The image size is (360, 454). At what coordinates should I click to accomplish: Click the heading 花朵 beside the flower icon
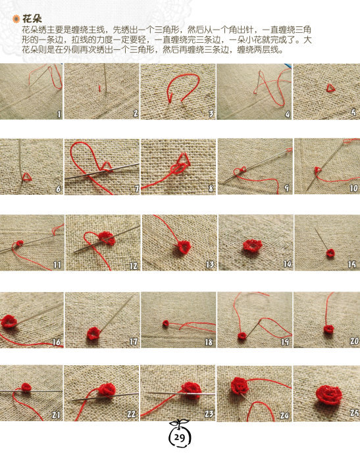click(32, 19)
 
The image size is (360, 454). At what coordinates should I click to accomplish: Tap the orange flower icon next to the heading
click(16, 19)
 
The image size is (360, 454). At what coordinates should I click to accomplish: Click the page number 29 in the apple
click(179, 437)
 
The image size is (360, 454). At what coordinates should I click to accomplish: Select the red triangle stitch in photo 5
click(330, 88)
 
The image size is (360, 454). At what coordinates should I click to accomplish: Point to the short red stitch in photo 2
click(99, 88)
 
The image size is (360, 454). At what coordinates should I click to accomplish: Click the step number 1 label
click(59, 114)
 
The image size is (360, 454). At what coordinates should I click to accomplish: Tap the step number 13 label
click(210, 265)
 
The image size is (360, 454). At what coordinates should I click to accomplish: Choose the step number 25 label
click(354, 413)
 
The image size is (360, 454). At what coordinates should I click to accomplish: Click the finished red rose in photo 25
click(329, 395)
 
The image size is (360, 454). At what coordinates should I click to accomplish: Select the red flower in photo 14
click(252, 246)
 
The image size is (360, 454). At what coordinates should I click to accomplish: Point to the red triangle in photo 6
click(27, 177)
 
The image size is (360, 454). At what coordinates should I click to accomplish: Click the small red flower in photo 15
click(330, 253)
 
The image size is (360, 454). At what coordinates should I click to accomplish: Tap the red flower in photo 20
click(328, 329)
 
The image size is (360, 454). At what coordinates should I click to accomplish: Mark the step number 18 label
click(209, 342)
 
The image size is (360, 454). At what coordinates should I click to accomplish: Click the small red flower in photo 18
click(166, 323)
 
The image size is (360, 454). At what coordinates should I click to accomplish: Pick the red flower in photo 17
click(93, 333)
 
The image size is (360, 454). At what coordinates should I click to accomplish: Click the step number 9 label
click(286, 188)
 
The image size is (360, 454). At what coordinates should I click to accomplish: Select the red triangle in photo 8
click(184, 159)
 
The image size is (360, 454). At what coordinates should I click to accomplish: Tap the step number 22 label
click(132, 414)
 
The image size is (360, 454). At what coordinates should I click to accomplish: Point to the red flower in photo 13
click(183, 247)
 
